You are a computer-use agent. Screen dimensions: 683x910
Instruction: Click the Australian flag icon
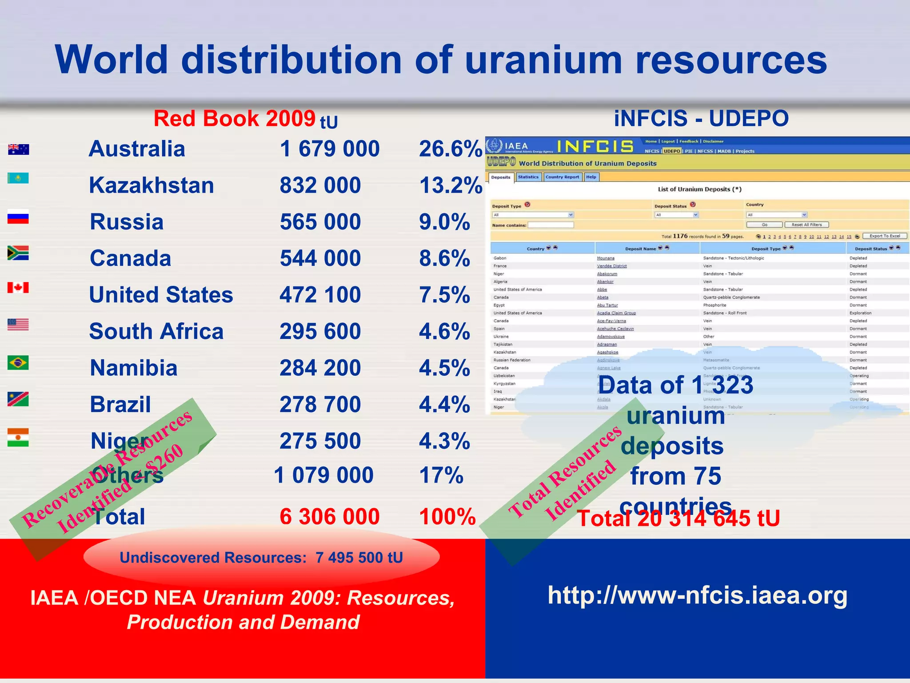18,149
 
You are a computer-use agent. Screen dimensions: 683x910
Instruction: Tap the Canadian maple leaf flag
18,288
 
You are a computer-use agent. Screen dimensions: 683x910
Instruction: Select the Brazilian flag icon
18,363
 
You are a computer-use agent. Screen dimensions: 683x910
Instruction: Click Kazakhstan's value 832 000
320,185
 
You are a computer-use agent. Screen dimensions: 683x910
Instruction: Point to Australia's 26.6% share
450,149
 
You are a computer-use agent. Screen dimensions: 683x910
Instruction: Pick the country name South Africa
156,332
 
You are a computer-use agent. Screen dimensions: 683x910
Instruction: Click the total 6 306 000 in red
329,517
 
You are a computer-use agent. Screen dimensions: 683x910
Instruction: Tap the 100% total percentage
447,517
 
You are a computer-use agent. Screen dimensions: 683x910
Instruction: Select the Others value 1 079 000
323,475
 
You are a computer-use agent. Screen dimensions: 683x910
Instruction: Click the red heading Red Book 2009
234,119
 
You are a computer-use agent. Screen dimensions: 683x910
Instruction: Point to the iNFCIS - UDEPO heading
701,119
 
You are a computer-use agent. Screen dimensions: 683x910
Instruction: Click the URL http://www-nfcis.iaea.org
697,595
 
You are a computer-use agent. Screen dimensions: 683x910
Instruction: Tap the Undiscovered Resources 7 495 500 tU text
261,558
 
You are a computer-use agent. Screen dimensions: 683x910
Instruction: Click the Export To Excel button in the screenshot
885,236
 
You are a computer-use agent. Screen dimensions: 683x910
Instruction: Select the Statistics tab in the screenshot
528,177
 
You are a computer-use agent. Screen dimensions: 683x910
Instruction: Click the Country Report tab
562,177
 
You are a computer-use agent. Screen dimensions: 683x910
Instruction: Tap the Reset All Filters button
806,225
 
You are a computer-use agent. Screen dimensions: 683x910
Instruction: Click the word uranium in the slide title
543,60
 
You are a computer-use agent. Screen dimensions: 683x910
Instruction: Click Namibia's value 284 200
320,368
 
